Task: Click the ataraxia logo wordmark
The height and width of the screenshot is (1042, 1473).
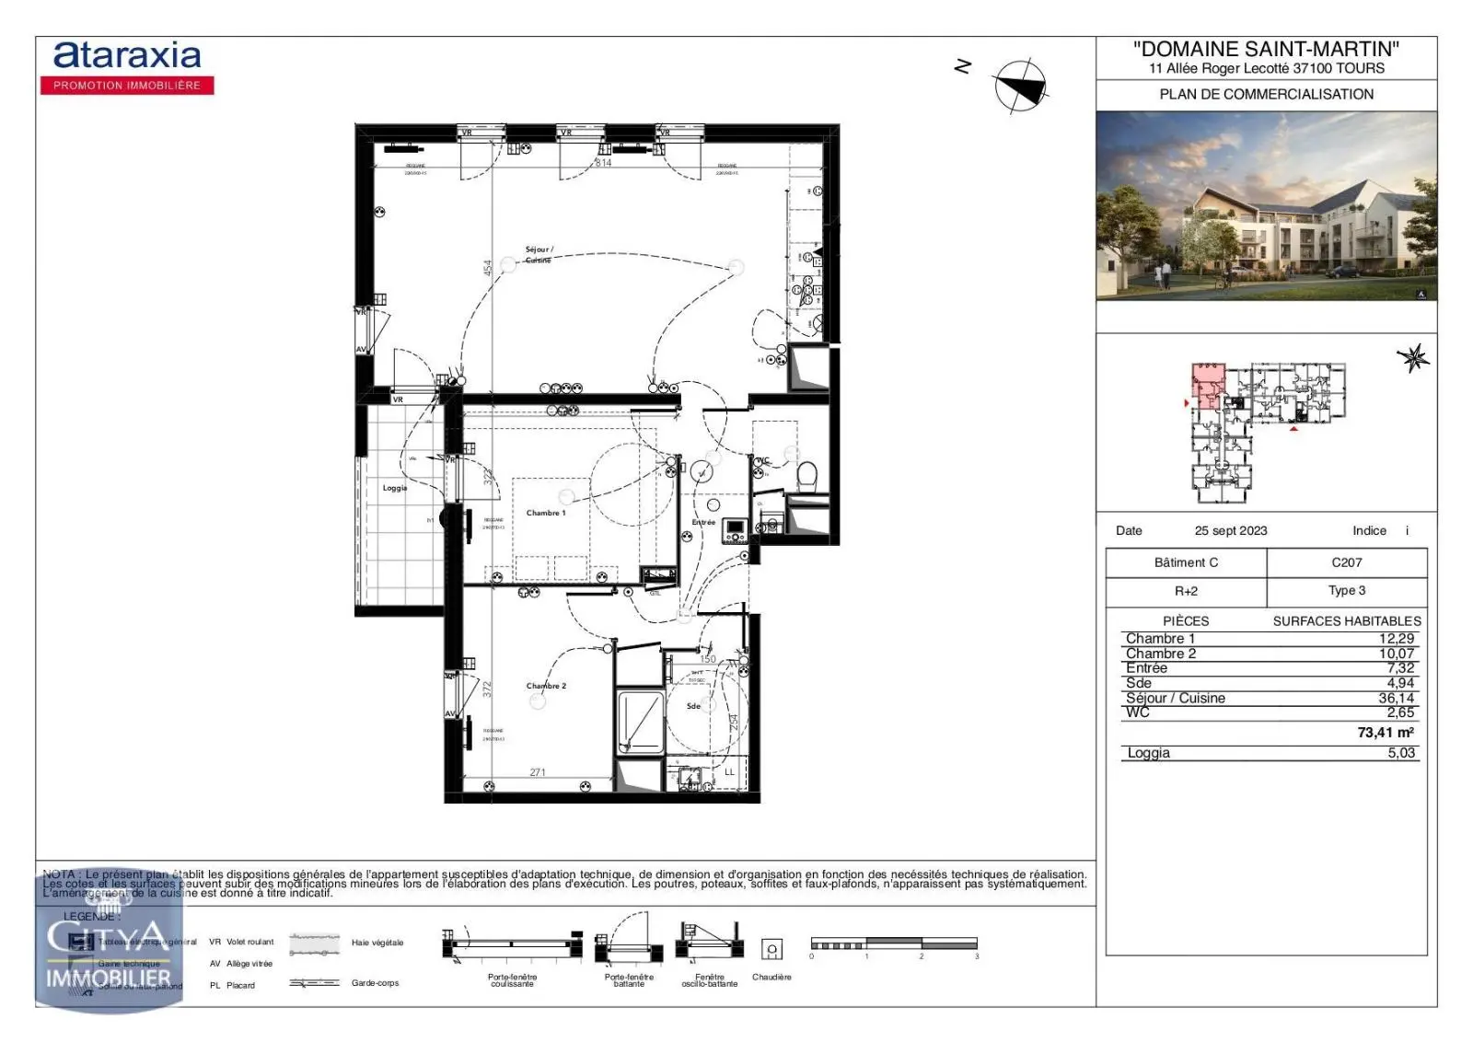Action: pyautogui.click(x=127, y=56)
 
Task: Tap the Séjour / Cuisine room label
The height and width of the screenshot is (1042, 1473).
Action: pyautogui.click(x=539, y=254)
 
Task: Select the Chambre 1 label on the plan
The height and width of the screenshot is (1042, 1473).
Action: pyautogui.click(x=546, y=513)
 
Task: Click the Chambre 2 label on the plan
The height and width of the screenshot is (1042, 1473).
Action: pyautogui.click(x=546, y=686)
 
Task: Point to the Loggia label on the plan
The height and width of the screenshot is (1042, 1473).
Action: pyautogui.click(x=395, y=488)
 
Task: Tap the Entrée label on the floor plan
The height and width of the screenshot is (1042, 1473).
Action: pyautogui.click(x=703, y=522)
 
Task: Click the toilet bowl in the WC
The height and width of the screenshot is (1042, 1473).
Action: pyautogui.click(x=806, y=476)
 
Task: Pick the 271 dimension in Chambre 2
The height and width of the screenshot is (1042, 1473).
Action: pyautogui.click(x=538, y=772)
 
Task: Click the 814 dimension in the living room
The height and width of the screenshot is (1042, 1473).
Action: pyautogui.click(x=603, y=163)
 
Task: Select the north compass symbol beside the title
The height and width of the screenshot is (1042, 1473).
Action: pyautogui.click(x=1020, y=87)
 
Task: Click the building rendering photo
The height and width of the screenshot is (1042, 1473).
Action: pyautogui.click(x=1266, y=206)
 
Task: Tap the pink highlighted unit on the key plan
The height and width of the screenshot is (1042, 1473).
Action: pyautogui.click(x=1207, y=385)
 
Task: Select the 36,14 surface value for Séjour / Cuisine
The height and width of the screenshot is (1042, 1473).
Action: pyautogui.click(x=1396, y=698)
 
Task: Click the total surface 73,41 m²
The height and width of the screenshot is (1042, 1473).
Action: pyautogui.click(x=1385, y=733)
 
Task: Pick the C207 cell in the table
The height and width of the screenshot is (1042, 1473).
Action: pyautogui.click(x=1346, y=562)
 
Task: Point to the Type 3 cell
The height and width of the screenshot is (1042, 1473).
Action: pyautogui.click(x=1346, y=591)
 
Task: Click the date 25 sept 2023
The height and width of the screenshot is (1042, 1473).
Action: pyautogui.click(x=1230, y=531)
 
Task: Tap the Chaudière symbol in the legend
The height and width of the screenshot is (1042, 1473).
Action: pyautogui.click(x=771, y=949)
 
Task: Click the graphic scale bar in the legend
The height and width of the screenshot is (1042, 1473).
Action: pyautogui.click(x=893, y=944)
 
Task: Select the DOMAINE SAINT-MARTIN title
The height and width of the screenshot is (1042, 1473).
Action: pyautogui.click(x=1266, y=49)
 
